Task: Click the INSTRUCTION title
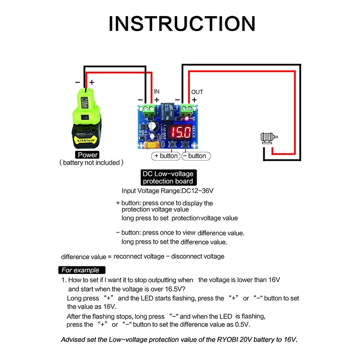(x=182, y=24)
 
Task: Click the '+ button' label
(x=166, y=156)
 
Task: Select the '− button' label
(x=195, y=156)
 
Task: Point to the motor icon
(x=270, y=138)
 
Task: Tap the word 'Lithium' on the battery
(x=85, y=140)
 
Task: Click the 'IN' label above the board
(x=157, y=91)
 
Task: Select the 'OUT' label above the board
(x=197, y=92)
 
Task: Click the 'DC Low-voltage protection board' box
(x=167, y=177)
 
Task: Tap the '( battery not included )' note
(x=91, y=162)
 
